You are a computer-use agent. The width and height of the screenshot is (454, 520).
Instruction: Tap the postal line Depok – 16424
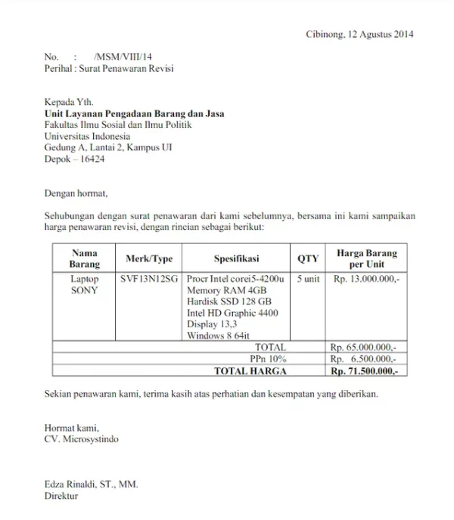pyautogui.click(x=74, y=159)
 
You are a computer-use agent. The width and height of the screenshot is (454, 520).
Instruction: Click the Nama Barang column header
pyautogui.click(x=84, y=259)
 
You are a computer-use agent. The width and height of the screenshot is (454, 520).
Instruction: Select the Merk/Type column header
pyautogui.click(x=149, y=259)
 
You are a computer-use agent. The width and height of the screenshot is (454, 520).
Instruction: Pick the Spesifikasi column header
pyautogui.click(x=237, y=259)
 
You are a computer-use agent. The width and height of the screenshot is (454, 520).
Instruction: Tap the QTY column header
pyautogui.click(x=308, y=259)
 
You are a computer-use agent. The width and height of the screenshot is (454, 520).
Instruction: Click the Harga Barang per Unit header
pyautogui.click(x=367, y=259)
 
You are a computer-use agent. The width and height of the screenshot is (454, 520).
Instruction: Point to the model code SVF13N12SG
pyautogui.click(x=150, y=279)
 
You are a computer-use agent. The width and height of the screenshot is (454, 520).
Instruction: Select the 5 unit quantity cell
pyautogui.click(x=308, y=279)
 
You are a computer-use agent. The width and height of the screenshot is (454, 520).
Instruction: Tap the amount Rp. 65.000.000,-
pyautogui.click(x=366, y=347)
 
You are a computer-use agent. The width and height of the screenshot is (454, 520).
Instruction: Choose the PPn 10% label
pyautogui.click(x=269, y=359)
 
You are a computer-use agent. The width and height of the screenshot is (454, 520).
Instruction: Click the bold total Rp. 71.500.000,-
pyautogui.click(x=366, y=371)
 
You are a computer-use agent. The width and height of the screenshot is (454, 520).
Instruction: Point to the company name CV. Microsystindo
pyautogui.click(x=81, y=438)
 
